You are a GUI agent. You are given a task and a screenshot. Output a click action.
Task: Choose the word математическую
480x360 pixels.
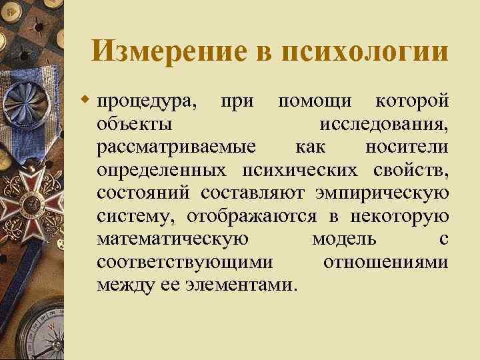pos(173,239)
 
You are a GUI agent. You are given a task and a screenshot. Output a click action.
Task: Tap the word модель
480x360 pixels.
pos(344,239)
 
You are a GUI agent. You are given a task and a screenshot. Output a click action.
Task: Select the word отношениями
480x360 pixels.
pos(385,261)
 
